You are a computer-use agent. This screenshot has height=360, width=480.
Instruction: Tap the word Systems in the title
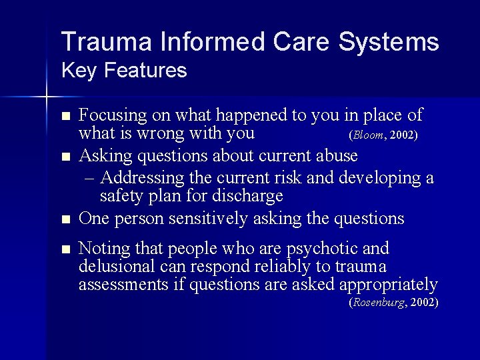(389, 41)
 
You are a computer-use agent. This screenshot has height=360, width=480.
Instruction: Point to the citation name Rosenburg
(379, 302)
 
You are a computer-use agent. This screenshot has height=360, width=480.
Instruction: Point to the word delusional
(120, 267)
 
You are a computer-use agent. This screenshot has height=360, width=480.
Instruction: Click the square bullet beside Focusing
(65, 116)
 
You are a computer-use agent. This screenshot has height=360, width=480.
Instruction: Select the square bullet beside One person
(65, 219)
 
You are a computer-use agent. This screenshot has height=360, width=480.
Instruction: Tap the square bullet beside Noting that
(65, 249)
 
